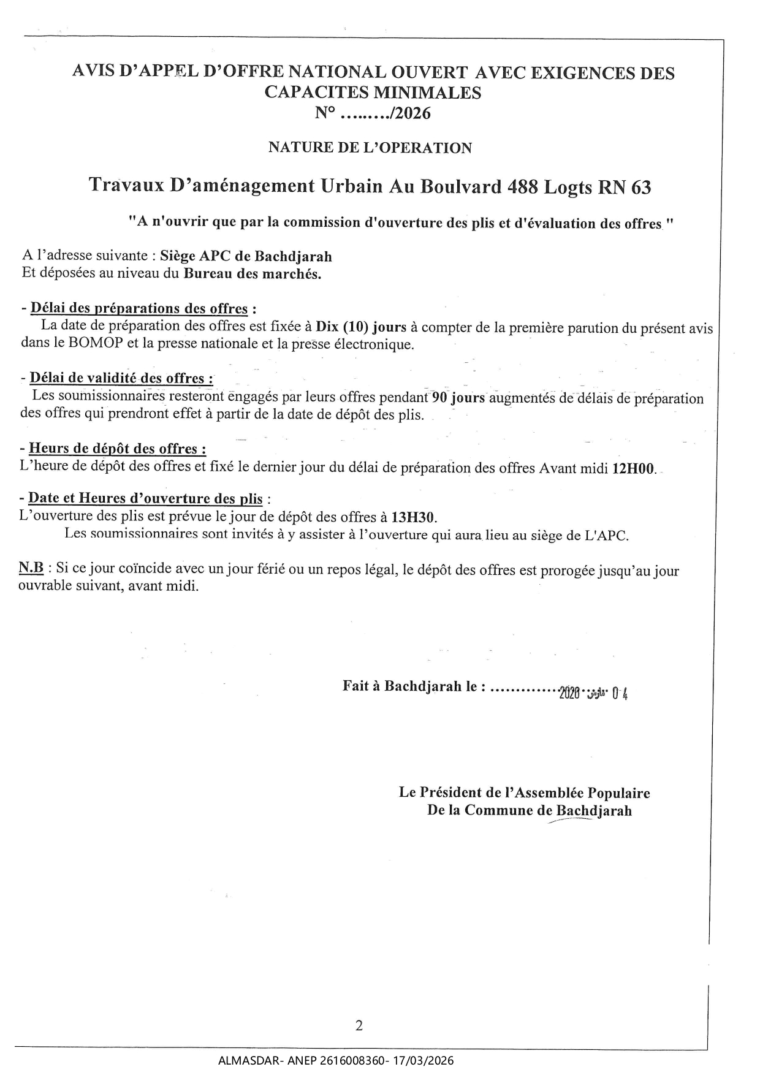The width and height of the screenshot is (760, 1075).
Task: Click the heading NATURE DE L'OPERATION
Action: tap(370, 148)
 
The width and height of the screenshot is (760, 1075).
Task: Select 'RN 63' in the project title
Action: tap(623, 187)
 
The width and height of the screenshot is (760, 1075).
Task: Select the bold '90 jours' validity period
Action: tap(458, 398)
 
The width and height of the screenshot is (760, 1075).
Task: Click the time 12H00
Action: tap(634, 470)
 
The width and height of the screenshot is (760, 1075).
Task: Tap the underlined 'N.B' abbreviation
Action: tap(31, 569)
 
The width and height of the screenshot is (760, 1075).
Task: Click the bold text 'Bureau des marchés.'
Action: tap(253, 274)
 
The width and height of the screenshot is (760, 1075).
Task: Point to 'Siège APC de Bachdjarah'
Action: tap(246, 256)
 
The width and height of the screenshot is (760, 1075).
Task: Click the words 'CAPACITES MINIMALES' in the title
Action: tap(373, 93)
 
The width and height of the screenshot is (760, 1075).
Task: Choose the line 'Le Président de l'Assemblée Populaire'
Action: tap(524, 792)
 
